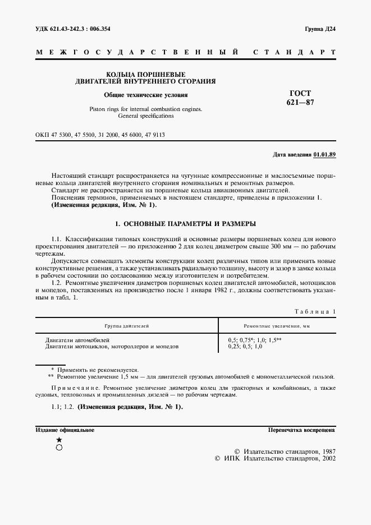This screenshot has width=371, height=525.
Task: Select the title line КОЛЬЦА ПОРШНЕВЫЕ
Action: point(145,74)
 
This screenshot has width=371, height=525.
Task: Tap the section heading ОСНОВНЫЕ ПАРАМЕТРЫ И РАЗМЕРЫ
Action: point(185,224)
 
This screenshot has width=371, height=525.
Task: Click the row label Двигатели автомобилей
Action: point(77,340)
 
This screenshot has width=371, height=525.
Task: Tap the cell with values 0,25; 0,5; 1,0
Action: point(245,347)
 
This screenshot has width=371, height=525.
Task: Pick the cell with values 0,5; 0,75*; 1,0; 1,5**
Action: point(254,340)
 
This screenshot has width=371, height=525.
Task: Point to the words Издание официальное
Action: point(65,430)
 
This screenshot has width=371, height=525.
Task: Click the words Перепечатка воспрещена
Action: point(302,430)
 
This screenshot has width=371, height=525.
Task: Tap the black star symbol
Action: point(59,440)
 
